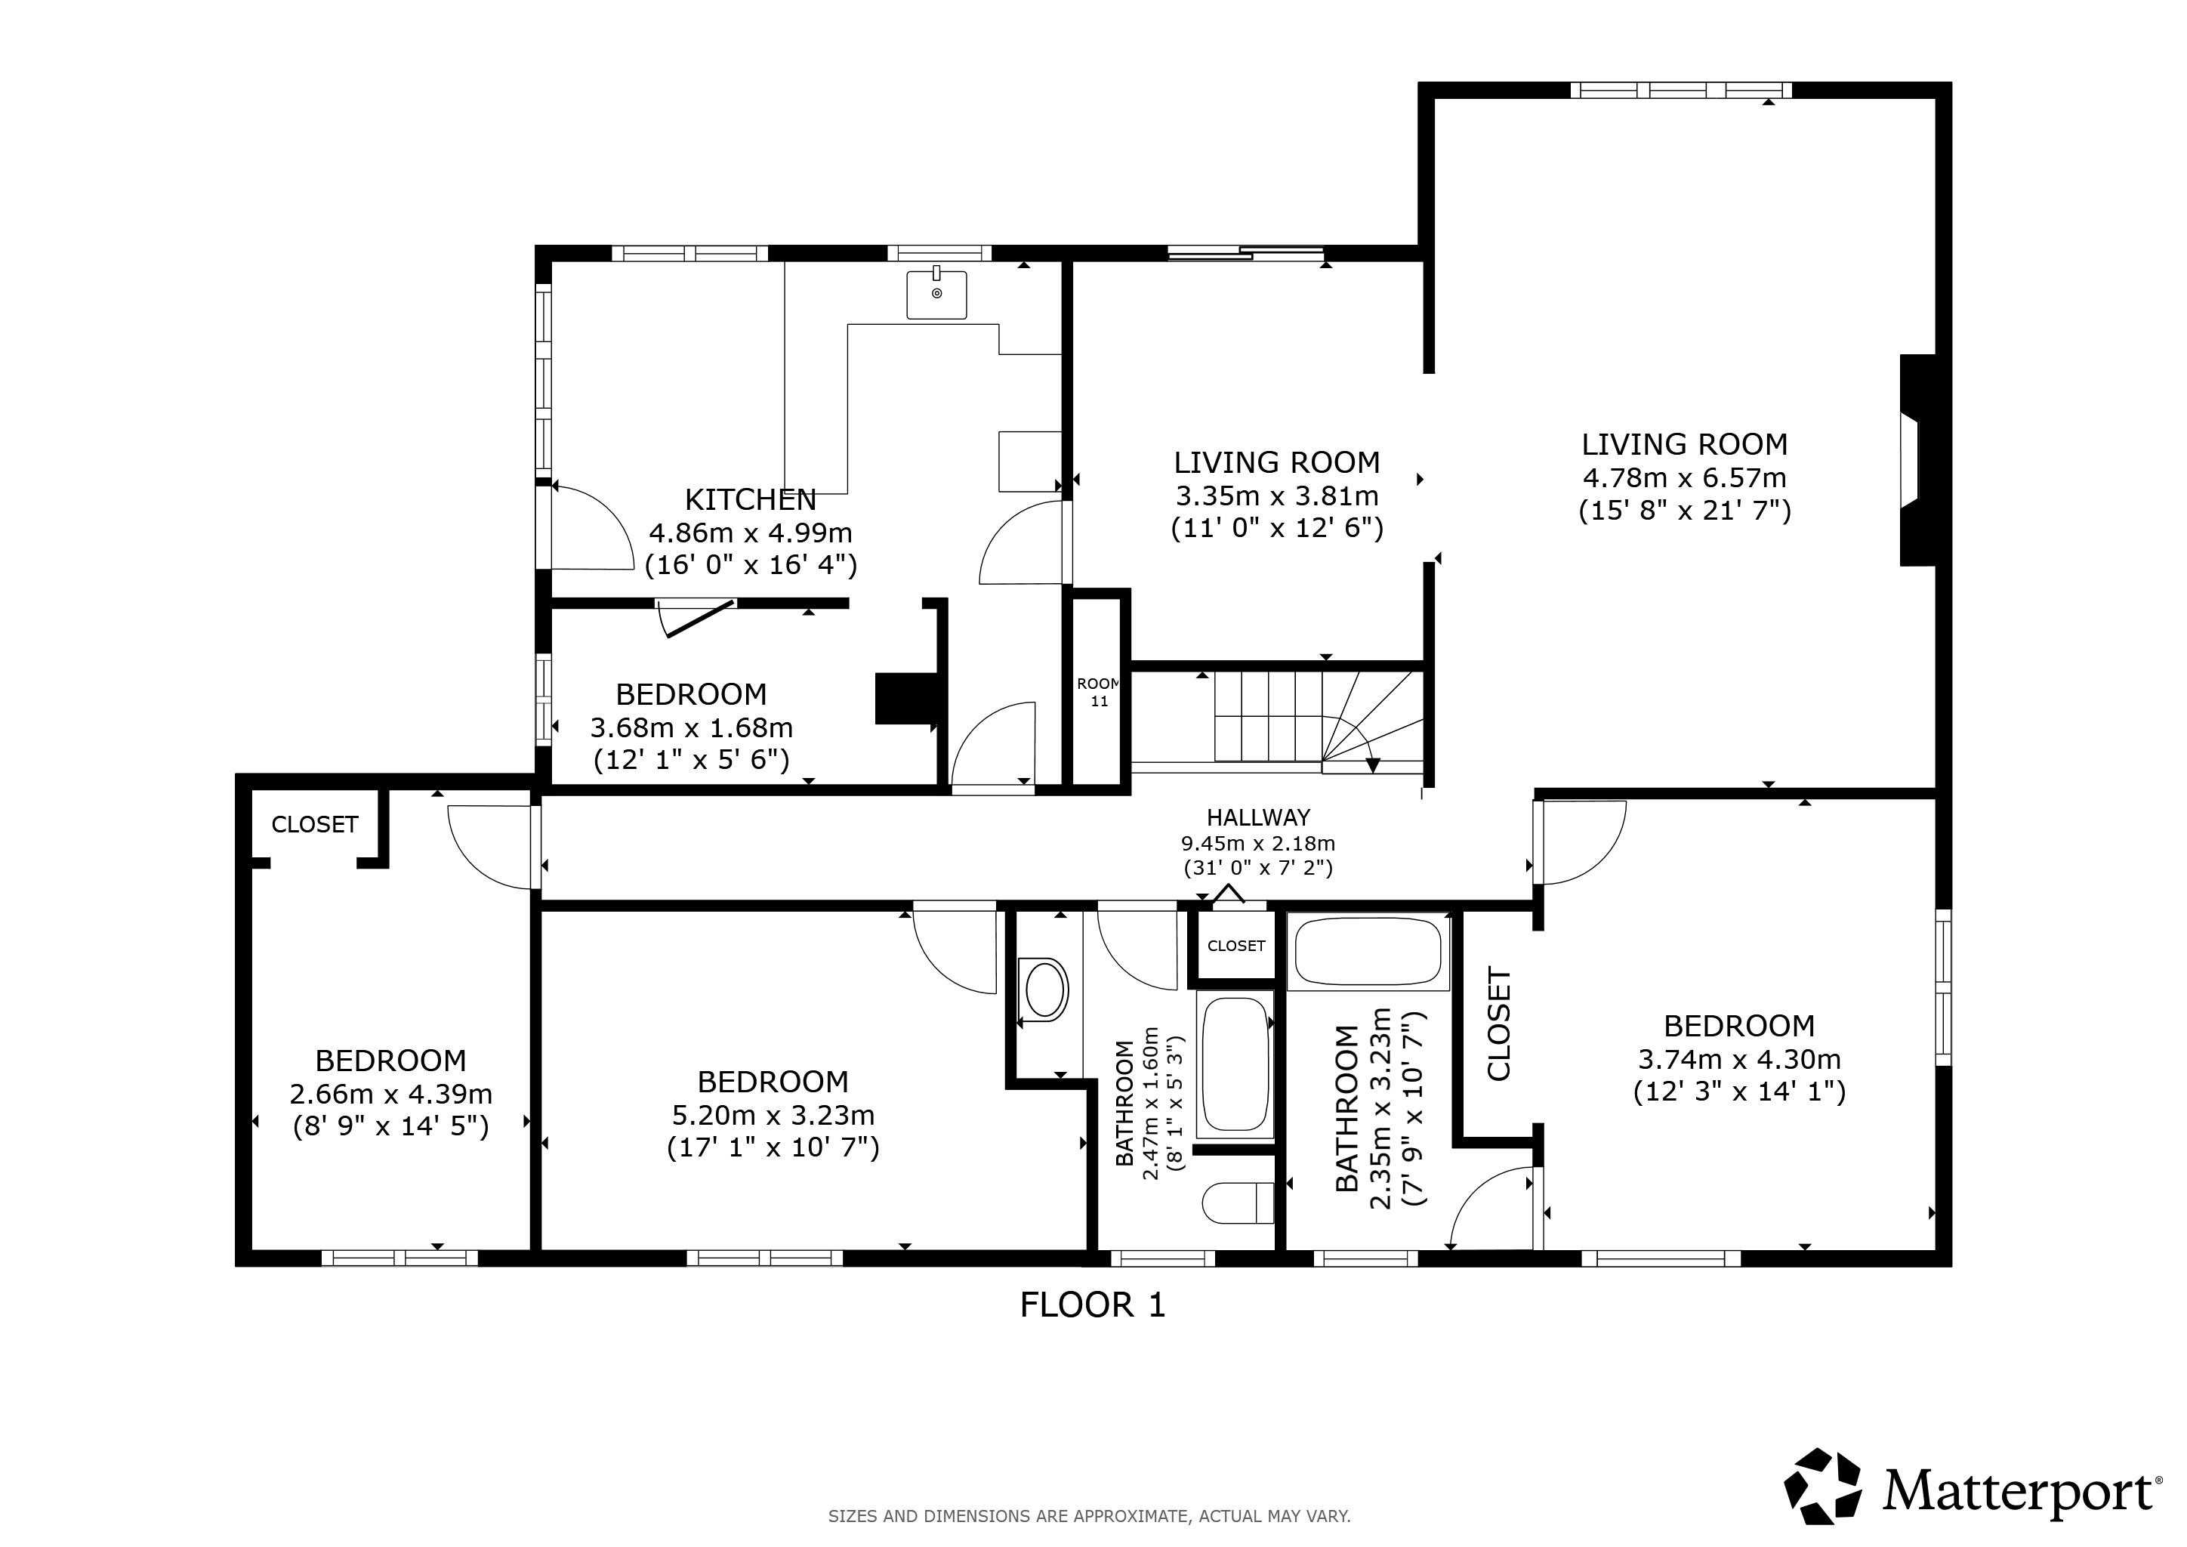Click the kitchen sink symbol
pos(936,292)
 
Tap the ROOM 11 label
pos(1098,693)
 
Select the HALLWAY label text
pos(1258,817)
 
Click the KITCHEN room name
pos(751,499)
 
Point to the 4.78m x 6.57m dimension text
pos(1684,477)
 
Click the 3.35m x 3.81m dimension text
pos(1276,496)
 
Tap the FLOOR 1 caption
pos(1093,1304)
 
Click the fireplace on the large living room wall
pos(1918,460)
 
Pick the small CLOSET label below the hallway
pos(1235,946)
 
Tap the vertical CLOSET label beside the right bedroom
pos(1498,1025)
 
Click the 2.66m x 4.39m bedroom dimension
pos(390,1095)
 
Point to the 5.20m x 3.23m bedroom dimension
pos(773,1114)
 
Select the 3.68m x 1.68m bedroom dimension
pos(692,727)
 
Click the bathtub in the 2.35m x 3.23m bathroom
pos(1369,951)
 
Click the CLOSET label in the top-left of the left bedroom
pos(314,824)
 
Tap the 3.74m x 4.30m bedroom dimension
pos(1739,1059)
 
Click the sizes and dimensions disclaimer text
pos(1090,1515)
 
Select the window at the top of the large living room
pos(1680,91)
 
